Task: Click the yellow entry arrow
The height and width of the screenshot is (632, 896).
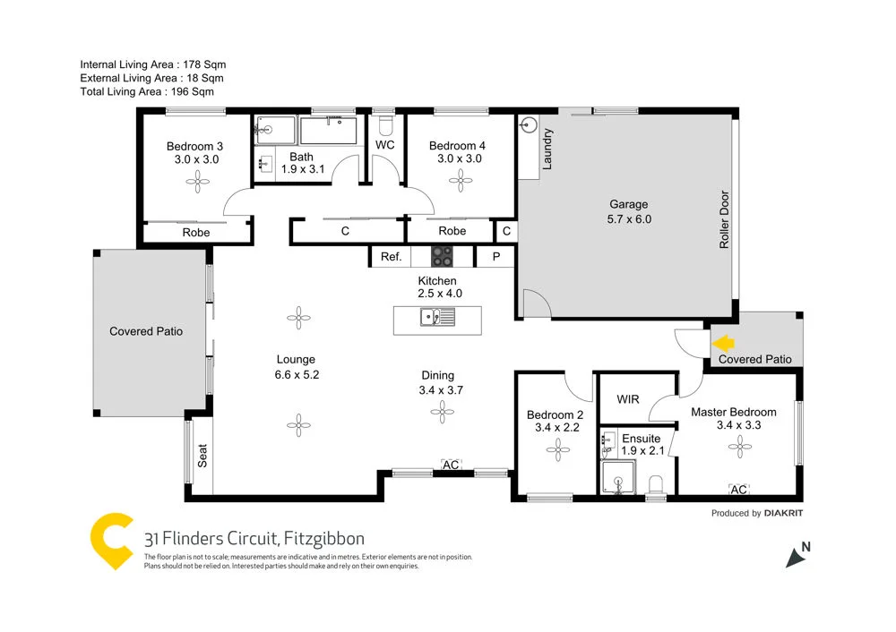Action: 722,341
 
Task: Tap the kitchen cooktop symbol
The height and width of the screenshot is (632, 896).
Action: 443,257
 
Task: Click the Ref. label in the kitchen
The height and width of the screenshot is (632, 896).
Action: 391,257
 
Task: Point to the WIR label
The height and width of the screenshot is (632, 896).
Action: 628,398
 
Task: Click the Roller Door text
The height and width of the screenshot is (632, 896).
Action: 724,220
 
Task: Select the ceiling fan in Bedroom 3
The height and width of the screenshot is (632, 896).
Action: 196,182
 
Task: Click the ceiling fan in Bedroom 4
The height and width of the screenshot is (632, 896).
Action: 462,182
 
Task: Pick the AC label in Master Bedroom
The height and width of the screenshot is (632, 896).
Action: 739,490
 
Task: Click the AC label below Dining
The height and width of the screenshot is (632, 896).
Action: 451,465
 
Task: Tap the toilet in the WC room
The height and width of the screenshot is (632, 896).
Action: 386,123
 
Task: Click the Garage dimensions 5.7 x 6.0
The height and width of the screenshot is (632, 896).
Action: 629,218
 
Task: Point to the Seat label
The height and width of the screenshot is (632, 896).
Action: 202,457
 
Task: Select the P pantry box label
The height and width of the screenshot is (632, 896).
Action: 495,257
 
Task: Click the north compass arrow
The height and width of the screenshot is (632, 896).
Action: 797,555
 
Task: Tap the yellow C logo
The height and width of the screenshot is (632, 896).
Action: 113,541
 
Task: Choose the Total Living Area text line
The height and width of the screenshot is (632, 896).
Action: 147,91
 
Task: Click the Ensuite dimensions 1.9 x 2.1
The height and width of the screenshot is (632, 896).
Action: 641,453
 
